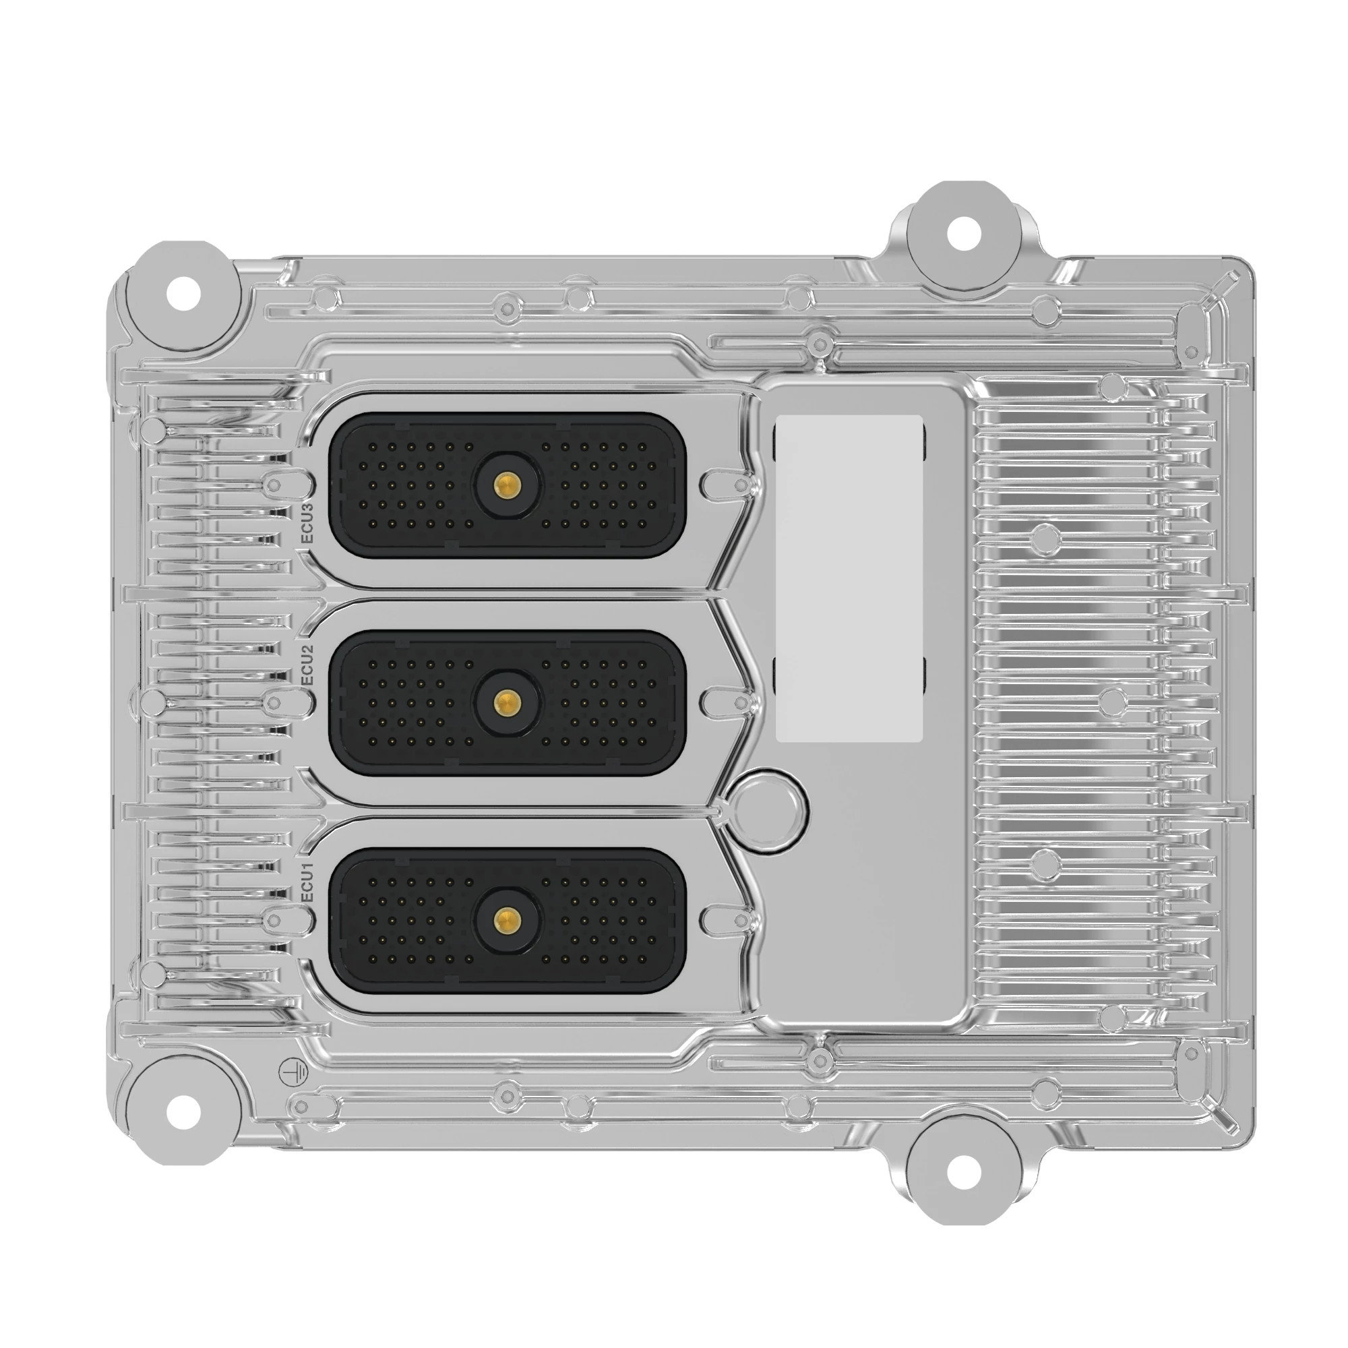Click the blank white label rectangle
click(x=849, y=577)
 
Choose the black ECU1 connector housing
click(x=419, y=919)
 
